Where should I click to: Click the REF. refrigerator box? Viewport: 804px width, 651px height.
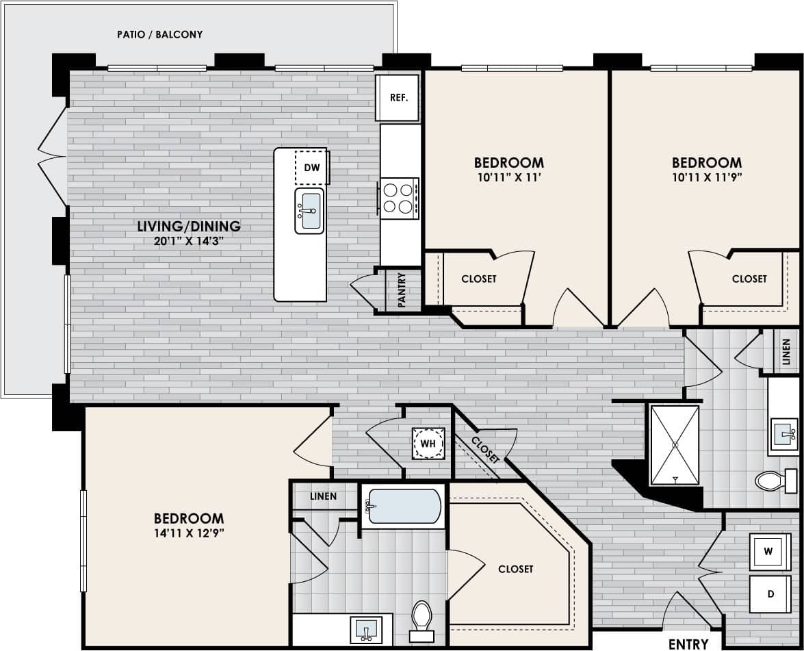(x=398, y=98)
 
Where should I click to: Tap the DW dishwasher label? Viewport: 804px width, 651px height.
(x=311, y=167)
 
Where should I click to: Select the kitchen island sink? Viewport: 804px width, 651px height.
(x=309, y=211)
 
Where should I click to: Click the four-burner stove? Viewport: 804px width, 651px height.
(x=398, y=198)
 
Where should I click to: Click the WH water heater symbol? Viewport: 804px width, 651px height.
(x=428, y=444)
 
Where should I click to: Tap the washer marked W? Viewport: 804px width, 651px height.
(x=769, y=551)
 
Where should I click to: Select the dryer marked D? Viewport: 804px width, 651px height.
(x=770, y=593)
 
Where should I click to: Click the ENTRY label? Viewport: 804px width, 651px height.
(x=688, y=643)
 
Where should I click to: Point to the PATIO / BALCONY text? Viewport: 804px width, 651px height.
(x=160, y=34)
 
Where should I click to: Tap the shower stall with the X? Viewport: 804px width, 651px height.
(x=675, y=445)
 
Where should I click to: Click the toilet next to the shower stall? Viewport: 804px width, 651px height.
(x=774, y=481)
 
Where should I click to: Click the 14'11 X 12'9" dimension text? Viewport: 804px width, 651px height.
(x=189, y=534)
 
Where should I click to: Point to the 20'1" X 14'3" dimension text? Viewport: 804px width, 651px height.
(x=189, y=240)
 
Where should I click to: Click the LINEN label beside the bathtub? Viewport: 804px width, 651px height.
(x=323, y=496)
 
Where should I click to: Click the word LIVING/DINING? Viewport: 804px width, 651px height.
(x=189, y=226)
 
